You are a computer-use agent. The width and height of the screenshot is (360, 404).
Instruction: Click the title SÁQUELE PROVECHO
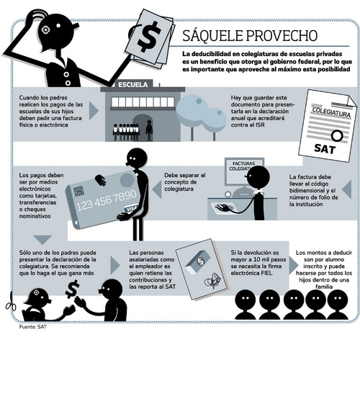pyautogui.click(x=250, y=35)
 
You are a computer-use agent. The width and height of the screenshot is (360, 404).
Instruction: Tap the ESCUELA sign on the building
pyautogui.click(x=133, y=84)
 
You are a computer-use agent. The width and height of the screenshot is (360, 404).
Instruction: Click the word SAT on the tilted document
pyautogui.click(x=325, y=148)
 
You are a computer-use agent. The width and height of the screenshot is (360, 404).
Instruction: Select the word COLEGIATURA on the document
pyautogui.click(x=331, y=112)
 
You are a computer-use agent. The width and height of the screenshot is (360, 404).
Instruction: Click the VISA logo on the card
pyautogui.click(x=131, y=208)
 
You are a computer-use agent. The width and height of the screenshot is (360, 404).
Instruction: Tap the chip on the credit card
pyautogui.click(x=78, y=191)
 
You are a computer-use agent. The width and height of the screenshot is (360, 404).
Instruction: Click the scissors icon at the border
pyautogui.click(x=11, y=302)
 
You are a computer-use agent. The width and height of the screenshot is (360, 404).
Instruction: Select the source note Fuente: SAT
pyautogui.click(x=32, y=327)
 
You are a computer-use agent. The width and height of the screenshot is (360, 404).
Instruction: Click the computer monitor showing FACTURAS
pyautogui.click(x=244, y=171)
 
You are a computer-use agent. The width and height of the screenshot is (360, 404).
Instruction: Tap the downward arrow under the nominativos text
pyautogui.click(x=42, y=239)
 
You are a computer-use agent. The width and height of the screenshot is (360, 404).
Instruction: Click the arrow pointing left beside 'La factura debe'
pyautogui.click(x=346, y=189)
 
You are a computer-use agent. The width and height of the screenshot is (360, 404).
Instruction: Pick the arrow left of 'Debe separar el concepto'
pyautogui.click(x=156, y=189)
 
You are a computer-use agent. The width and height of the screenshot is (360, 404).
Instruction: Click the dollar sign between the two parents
pyautogui.click(x=73, y=289)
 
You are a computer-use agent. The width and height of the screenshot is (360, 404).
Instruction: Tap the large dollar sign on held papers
pyautogui.click(x=149, y=36)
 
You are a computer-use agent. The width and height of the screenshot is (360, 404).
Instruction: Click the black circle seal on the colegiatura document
pyautogui.click(x=337, y=135)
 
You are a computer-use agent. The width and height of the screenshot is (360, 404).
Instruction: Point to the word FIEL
pyautogui.click(x=266, y=273)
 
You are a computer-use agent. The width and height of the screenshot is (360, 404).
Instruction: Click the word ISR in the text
pyautogui.click(x=260, y=125)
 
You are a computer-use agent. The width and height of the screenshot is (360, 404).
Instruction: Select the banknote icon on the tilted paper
pyautogui.click(x=198, y=263)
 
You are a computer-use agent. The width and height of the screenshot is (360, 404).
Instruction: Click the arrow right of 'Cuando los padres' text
pyautogui.click(x=94, y=111)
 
